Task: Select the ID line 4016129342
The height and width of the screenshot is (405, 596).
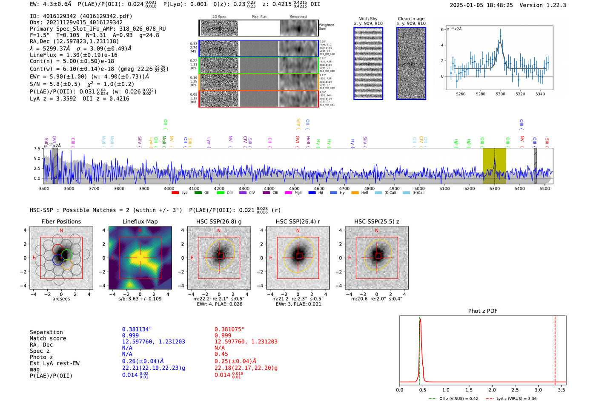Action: tap(81, 16)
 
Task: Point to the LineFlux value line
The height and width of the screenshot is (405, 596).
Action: tap(73, 55)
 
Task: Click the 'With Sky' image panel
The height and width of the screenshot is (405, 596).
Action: tap(368, 63)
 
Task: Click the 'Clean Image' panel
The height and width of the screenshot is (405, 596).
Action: tap(411, 63)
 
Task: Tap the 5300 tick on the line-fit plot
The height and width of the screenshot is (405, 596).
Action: tap(500, 94)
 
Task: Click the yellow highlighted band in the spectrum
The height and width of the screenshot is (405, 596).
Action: tap(494, 166)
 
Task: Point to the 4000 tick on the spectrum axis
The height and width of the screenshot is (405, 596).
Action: tap(169, 188)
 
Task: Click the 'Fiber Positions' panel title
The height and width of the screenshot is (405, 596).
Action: tap(61, 221)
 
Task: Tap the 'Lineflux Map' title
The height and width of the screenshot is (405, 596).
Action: tap(140, 221)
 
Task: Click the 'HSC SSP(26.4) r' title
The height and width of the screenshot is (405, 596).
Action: tap(298, 221)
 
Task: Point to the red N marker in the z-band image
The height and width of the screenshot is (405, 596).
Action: tap(377, 231)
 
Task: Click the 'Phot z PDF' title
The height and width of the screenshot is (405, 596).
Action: tap(483, 311)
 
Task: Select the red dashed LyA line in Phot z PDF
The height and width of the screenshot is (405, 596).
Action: tap(555, 348)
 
